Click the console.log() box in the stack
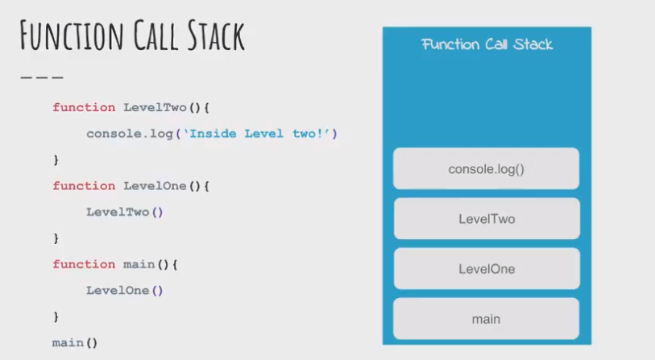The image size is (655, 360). (486, 169)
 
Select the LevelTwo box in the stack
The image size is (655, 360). (486, 219)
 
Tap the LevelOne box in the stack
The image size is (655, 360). (486, 269)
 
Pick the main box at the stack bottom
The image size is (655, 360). (486, 319)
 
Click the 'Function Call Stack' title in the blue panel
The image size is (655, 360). (487, 44)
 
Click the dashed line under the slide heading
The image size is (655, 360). (41, 77)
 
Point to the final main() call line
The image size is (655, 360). (75, 343)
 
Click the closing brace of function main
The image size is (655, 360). (56, 317)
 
